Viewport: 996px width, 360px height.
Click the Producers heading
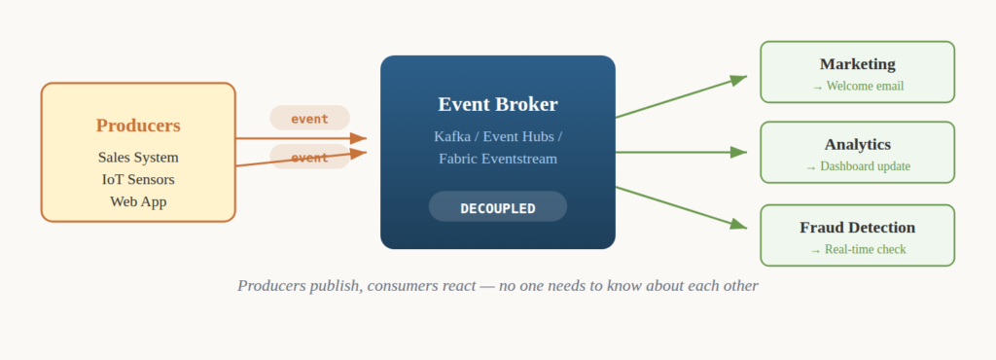[x=138, y=126]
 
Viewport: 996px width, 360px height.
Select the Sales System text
[x=138, y=158]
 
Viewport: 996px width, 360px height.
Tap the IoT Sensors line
[x=138, y=180]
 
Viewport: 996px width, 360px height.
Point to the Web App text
[x=138, y=202]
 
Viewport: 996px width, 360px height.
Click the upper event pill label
[x=310, y=118]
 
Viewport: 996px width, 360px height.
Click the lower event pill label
[x=310, y=157]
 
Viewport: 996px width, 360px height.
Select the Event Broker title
[x=498, y=104]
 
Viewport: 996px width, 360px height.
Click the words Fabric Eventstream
[x=498, y=159]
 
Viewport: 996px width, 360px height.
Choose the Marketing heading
[x=858, y=64]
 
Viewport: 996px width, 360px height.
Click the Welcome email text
[x=865, y=87]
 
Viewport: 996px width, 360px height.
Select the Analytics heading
[x=858, y=145]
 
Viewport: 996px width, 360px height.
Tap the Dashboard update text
[x=865, y=166]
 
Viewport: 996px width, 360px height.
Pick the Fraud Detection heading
[x=858, y=228]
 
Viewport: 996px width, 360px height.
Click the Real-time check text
[x=865, y=249]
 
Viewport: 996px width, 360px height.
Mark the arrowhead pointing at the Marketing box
[x=739, y=80]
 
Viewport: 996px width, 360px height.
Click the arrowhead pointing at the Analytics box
[x=739, y=153]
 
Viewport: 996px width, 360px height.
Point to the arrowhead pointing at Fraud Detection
[x=739, y=224]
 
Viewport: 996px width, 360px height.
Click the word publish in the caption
[x=336, y=286]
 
